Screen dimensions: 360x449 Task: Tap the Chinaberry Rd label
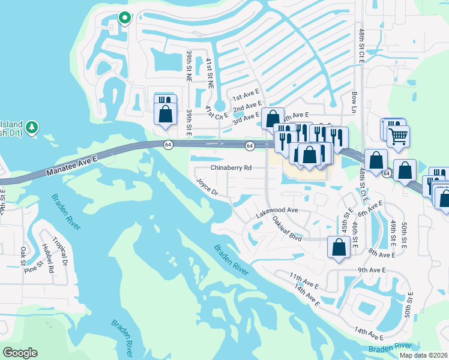pyautogui.click(x=231, y=169)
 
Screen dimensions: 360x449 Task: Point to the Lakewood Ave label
pyautogui.click(x=277, y=211)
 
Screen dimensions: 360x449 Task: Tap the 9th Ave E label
pyautogui.click(x=375, y=271)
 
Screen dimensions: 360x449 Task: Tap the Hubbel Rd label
pyautogui.click(x=49, y=259)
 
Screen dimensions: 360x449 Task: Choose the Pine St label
pyautogui.click(x=34, y=262)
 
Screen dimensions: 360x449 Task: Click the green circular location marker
pyautogui.click(x=124, y=18)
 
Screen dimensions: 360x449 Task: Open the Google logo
pyautogui.click(x=20, y=352)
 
